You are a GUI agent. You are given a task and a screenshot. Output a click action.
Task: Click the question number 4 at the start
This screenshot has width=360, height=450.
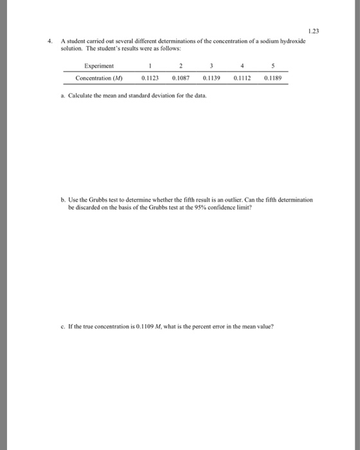(x=50, y=40)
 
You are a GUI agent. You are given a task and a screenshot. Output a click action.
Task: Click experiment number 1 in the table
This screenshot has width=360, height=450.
(x=150, y=66)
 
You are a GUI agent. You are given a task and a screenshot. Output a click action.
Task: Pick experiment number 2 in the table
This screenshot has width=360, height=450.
(x=181, y=66)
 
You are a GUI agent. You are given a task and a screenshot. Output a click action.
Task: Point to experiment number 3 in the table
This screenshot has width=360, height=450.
(x=211, y=66)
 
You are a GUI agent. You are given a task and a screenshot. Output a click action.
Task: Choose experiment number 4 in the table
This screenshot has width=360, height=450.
(x=241, y=66)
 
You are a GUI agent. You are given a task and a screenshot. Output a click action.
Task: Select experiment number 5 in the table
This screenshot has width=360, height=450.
(x=273, y=66)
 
